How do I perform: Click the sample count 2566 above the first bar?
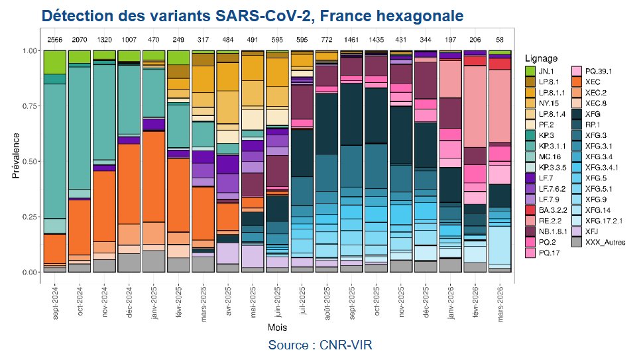point(54,41)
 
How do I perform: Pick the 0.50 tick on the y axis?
point(29,161)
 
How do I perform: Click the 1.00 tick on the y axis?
point(29,50)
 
